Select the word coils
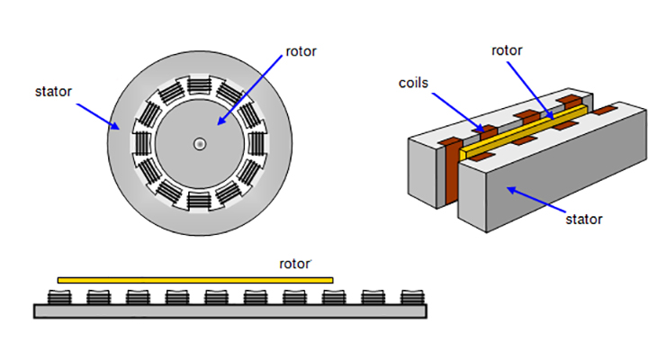416,84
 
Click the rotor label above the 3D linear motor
508,50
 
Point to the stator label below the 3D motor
583,218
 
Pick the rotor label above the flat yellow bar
294,265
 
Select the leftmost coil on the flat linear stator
58,297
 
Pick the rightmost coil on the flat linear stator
411,297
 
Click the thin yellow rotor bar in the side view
194,280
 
